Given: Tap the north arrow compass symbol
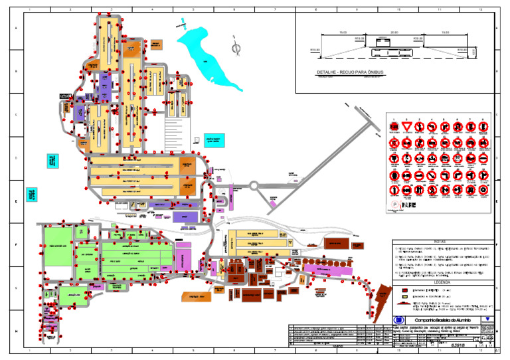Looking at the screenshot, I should [x=236, y=48].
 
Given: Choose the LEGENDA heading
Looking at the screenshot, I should [x=441, y=282].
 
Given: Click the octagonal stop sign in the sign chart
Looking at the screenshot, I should [x=393, y=126].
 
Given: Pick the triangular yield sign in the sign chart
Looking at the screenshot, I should [x=406, y=126].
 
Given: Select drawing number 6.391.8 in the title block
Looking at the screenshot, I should [x=458, y=345].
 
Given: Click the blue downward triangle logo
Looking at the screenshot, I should [x=488, y=319].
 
